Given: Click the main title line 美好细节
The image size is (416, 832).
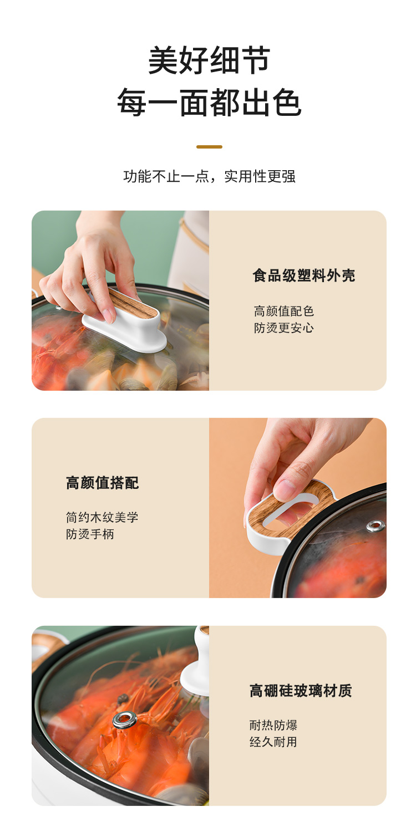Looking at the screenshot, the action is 209,60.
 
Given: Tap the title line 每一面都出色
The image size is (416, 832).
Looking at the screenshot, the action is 209,102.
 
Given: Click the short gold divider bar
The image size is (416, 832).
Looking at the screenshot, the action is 209,147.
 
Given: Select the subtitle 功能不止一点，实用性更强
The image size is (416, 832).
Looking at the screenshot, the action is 209,176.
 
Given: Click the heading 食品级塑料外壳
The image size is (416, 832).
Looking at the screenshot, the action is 304,275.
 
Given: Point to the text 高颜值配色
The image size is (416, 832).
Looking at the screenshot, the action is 283,311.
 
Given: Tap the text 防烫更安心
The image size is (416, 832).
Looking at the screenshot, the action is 283,328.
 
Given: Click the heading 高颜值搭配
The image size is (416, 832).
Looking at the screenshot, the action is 102,483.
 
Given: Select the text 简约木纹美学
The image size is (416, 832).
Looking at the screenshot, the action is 102,517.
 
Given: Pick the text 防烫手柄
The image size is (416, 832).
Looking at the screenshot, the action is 90,534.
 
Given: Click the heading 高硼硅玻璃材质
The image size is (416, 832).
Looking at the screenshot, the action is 301,691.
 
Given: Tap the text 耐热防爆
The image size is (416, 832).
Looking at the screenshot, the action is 273,724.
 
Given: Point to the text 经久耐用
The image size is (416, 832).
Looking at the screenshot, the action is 273,742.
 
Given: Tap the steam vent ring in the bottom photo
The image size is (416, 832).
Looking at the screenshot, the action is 125,720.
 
